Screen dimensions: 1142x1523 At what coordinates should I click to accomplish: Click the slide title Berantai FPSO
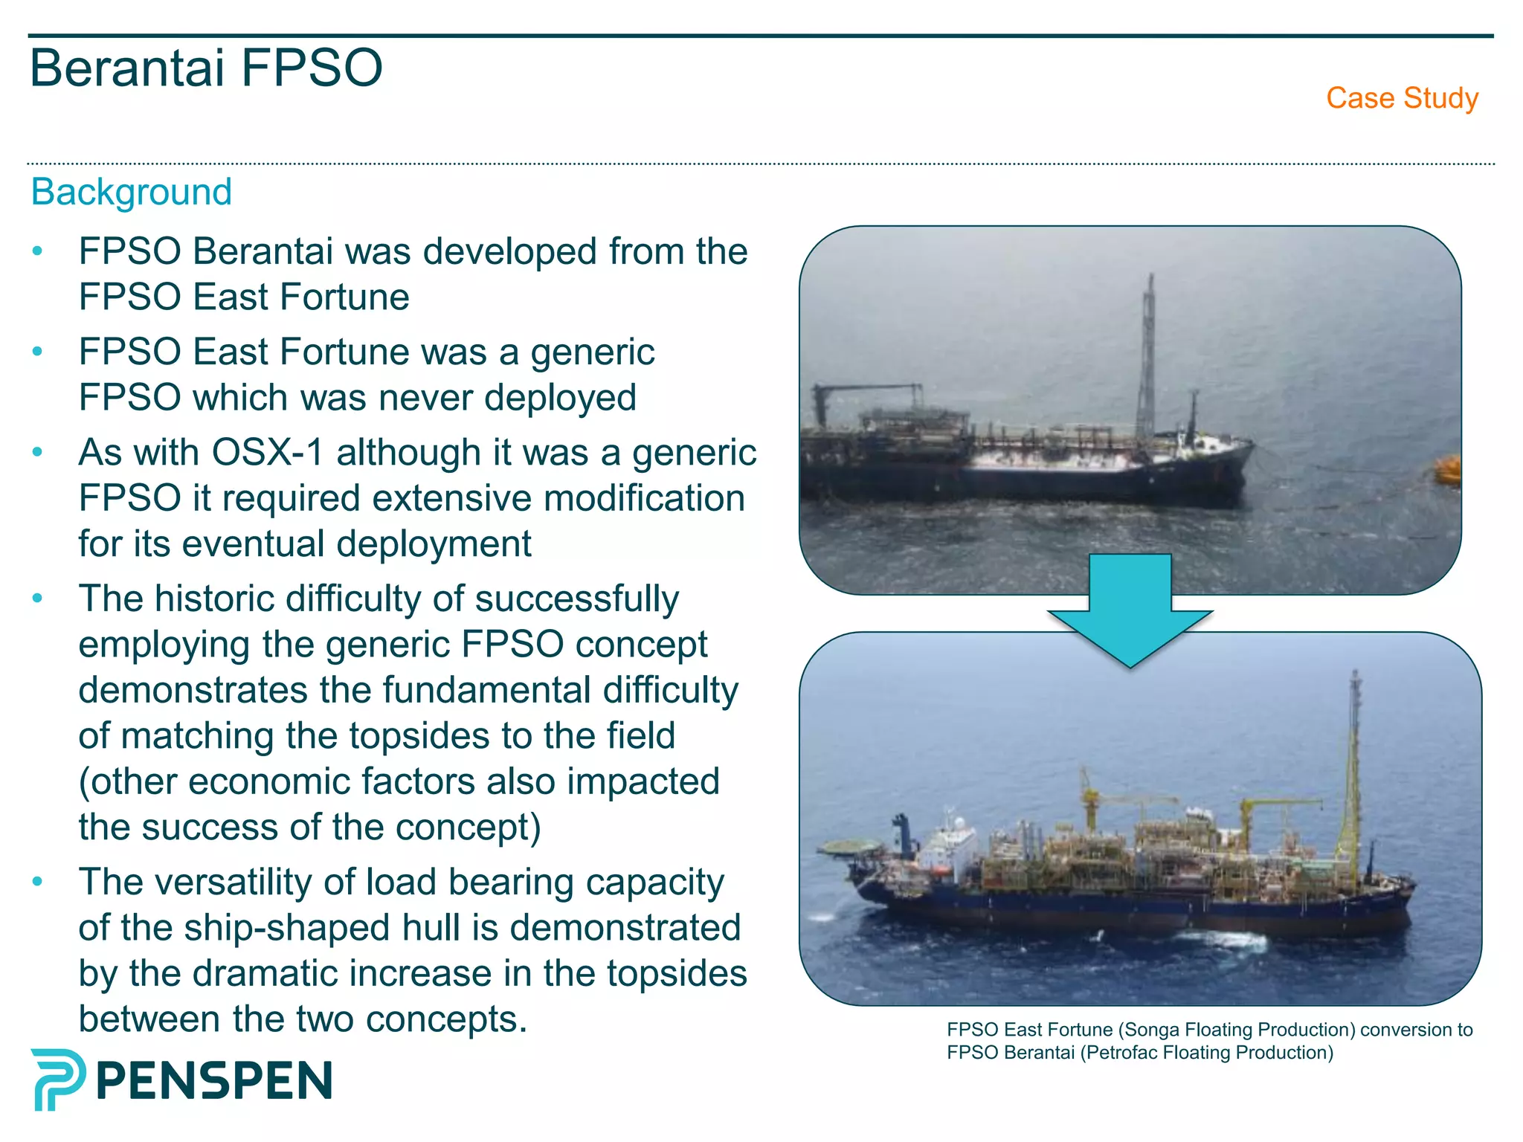206,68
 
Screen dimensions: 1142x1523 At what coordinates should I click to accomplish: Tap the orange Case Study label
1402,98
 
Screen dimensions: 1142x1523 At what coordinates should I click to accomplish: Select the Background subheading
132,193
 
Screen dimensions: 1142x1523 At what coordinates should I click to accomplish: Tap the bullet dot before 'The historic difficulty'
38,599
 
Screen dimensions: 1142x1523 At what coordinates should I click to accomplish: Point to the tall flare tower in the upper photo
1148,357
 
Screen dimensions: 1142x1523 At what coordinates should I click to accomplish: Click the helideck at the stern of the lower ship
847,848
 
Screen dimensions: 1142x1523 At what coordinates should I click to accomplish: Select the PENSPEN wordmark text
214,1081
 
